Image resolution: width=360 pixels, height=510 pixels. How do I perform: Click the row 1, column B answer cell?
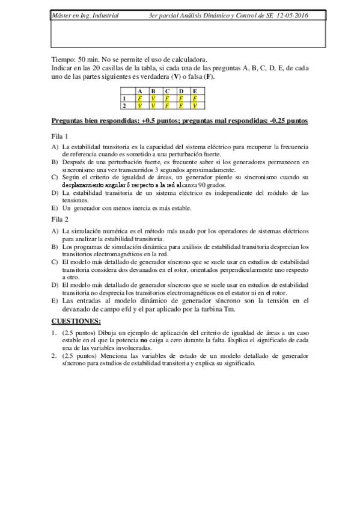tap(154, 99)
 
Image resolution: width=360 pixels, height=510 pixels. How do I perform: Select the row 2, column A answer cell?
tap(140, 105)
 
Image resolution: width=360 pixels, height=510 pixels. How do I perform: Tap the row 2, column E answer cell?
tap(195, 105)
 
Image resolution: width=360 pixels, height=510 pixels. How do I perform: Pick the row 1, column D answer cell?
tap(182, 99)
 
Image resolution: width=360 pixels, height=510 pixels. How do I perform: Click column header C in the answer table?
tap(168, 91)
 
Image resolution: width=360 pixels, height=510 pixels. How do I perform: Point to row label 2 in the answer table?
tap(124, 105)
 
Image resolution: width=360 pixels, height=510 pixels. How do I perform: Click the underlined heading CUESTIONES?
tap(76, 321)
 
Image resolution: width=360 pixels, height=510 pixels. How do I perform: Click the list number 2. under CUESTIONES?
tap(54, 356)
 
